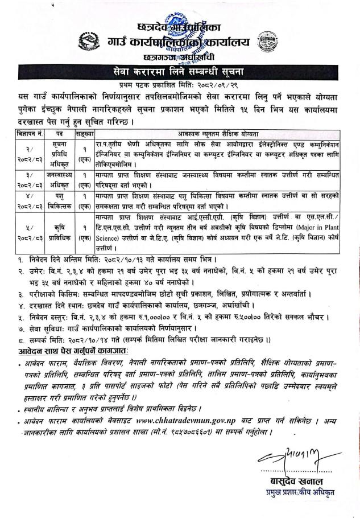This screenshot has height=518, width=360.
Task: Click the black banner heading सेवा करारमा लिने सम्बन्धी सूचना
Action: coord(180,72)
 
